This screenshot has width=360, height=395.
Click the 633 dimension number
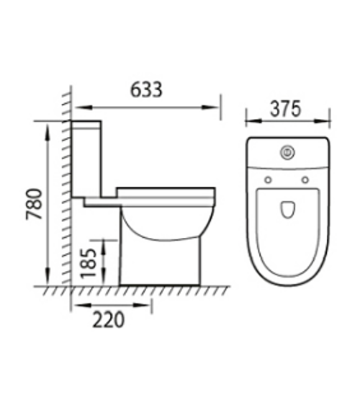[147, 90]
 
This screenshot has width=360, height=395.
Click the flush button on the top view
[287, 152]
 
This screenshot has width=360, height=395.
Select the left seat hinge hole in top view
[268, 179]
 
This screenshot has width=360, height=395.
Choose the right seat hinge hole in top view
[305, 179]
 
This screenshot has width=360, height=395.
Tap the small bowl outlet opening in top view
[287, 210]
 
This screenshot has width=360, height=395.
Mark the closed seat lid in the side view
[166, 192]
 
